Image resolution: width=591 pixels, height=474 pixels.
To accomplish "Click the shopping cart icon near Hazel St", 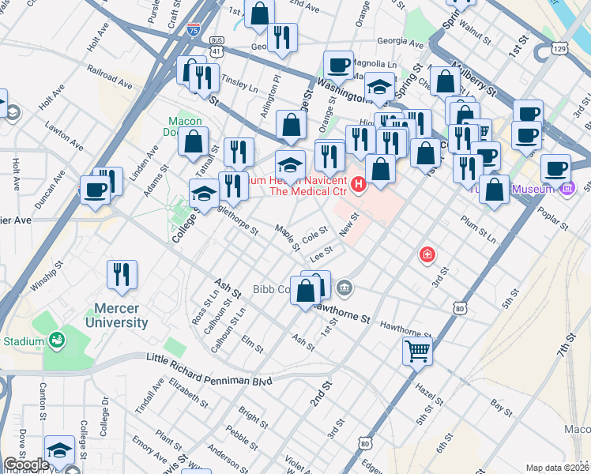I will tap(417, 350).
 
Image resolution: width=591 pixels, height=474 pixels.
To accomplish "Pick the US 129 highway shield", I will tap(559, 49).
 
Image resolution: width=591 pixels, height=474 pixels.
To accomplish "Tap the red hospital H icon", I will tap(359, 186).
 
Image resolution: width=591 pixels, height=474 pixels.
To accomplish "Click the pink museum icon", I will tap(567, 189).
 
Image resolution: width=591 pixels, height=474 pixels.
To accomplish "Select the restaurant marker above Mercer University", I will tap(122, 275).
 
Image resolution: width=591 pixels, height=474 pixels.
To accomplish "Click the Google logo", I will tap(26, 465).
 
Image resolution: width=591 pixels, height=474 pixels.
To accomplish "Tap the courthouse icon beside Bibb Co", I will tap(344, 287).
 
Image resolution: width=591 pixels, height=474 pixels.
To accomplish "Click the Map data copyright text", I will tap(557, 468).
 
